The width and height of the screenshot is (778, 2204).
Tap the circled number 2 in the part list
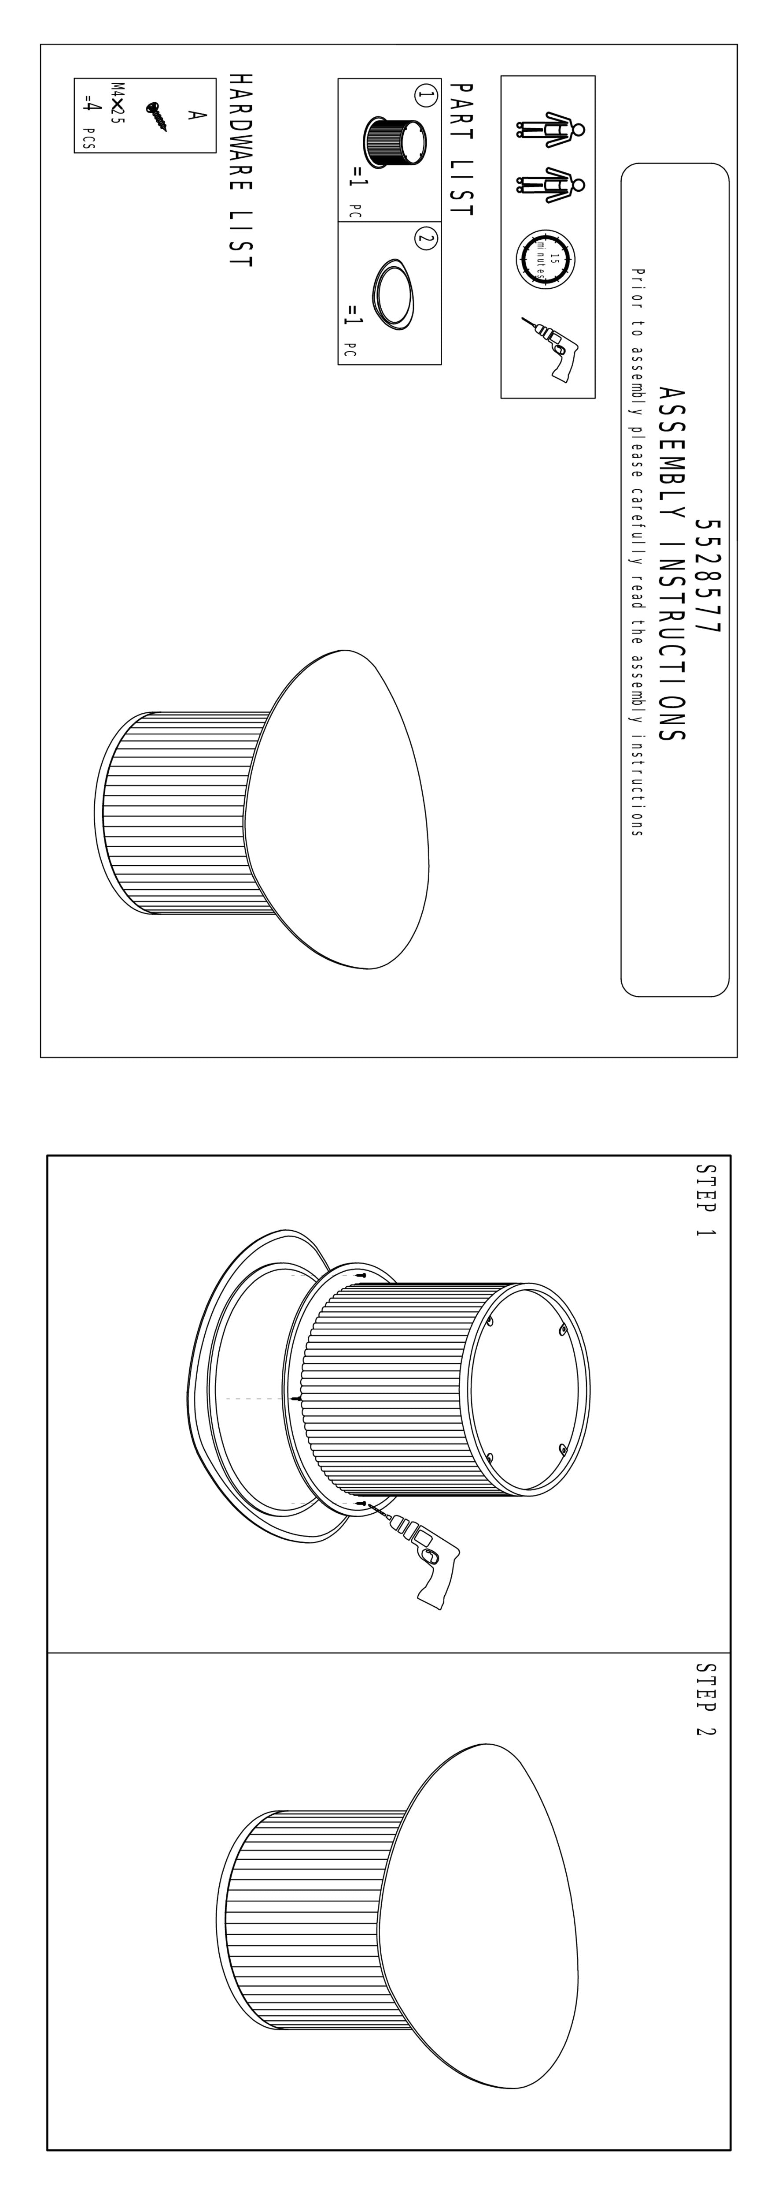click(425, 239)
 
